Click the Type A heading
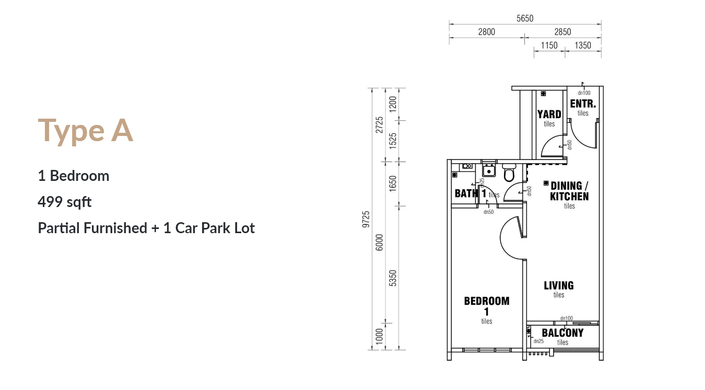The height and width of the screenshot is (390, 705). pos(85,130)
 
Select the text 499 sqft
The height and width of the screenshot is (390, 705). pos(65,202)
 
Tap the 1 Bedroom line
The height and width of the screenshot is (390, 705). pos(73,176)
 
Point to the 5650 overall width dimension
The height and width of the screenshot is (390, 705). pos(525,18)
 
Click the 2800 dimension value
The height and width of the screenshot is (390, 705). pos(487,32)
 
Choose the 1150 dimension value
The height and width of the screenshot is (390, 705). pos(549,45)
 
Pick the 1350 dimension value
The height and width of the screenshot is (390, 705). pos(583,45)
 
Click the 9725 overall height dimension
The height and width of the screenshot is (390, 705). pos(366,219)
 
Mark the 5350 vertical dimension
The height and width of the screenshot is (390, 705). pos(393,278)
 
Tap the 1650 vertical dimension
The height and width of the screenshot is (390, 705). pos(393,183)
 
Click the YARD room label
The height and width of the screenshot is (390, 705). pos(549,114)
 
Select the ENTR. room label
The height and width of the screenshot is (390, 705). pos(583,104)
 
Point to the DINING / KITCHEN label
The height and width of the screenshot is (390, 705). pos(569,191)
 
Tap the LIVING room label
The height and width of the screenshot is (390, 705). pos(559,285)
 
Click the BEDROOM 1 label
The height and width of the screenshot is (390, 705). pos(487,306)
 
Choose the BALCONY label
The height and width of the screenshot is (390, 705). pos(563,332)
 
